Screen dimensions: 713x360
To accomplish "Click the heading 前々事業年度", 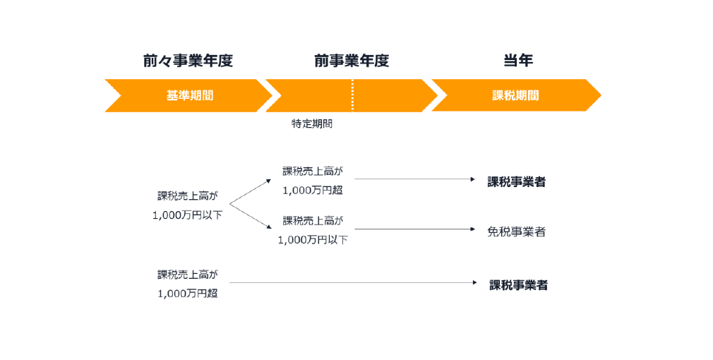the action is click(x=188, y=61).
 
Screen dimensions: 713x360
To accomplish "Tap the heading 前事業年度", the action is click(x=352, y=61).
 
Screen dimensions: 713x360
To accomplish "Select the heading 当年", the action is click(x=518, y=61).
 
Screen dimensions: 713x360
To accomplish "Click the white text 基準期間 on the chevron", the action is click(x=190, y=95).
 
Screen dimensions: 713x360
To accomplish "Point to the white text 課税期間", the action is click(x=515, y=95).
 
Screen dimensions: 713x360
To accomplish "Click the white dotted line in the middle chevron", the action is click(x=352, y=95).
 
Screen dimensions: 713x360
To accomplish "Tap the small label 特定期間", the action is click(x=312, y=124).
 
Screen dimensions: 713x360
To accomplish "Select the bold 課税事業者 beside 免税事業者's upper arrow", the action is click(x=517, y=182).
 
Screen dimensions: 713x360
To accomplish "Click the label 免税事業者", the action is click(x=517, y=232).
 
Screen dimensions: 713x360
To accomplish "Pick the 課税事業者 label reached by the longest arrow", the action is click(x=518, y=285).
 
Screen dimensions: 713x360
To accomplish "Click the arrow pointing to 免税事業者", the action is click(x=414, y=229).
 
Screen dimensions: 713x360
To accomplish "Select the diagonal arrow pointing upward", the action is click(x=250, y=192).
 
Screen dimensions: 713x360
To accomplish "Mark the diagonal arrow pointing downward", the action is click(x=251, y=217).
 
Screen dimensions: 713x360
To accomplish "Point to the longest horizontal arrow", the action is click(x=353, y=283).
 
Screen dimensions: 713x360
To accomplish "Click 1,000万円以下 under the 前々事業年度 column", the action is click(x=187, y=215).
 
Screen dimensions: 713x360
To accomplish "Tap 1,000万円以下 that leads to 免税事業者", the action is click(x=313, y=240).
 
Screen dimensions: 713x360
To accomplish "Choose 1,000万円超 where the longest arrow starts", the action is click(x=188, y=294).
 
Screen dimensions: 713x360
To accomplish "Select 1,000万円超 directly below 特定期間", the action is click(x=313, y=191).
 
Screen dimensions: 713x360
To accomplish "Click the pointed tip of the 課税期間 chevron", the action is click(x=600, y=95).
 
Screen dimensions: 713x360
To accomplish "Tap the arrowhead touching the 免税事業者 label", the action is click(x=473, y=229).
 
